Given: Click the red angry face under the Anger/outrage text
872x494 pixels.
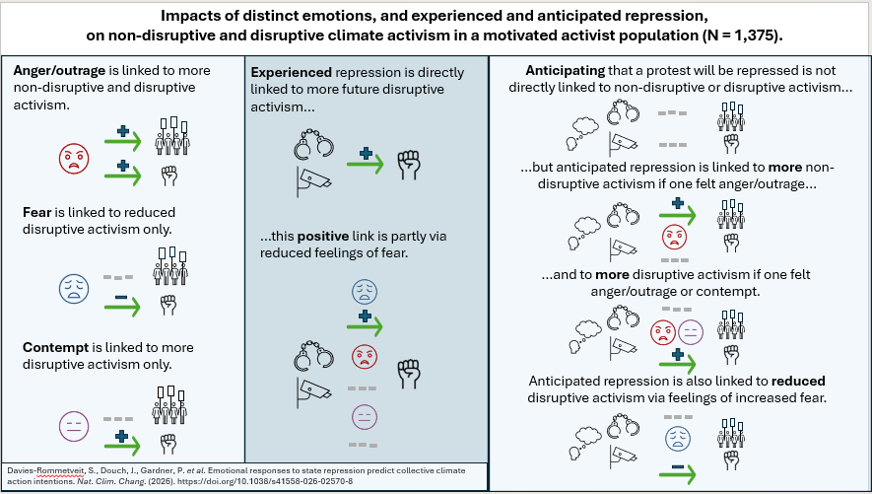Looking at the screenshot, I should point(72,157).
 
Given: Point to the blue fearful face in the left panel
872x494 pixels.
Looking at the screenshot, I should point(72,287).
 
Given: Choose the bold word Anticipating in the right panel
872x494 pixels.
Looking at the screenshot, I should point(570,72).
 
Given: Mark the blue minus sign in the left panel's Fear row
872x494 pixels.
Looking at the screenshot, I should point(120,297).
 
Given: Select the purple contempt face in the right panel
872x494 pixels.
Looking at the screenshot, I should point(690,333).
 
